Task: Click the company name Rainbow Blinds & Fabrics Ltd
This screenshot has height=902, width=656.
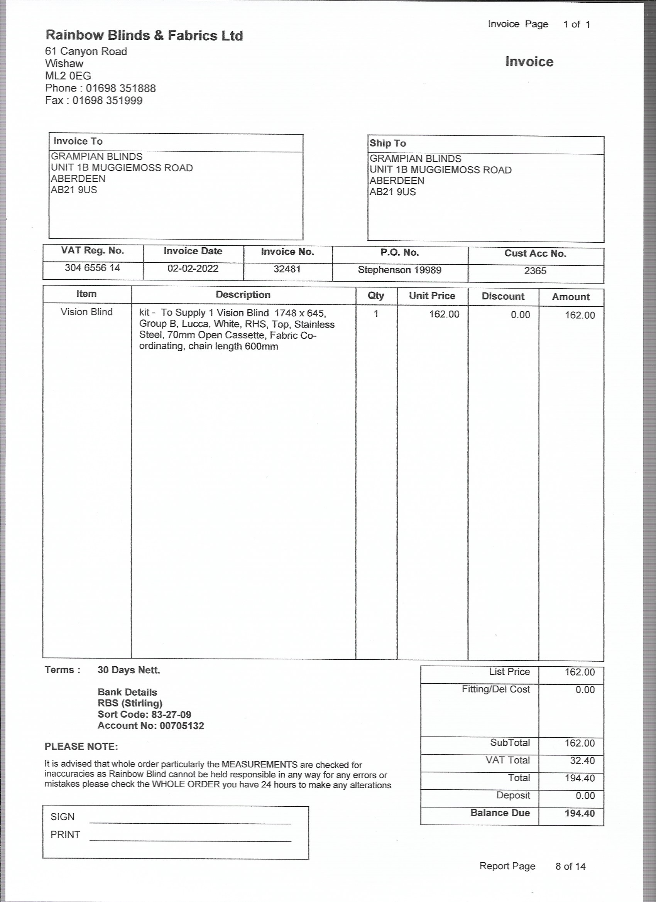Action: click(144, 36)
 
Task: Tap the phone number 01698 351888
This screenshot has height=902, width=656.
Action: click(120, 88)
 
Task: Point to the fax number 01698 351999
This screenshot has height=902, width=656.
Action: click(107, 100)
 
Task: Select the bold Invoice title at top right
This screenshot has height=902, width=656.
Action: click(529, 62)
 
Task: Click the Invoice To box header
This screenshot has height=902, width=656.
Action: click(78, 142)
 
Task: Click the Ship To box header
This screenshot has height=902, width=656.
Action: click(387, 144)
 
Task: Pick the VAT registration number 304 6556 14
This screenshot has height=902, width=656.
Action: click(92, 268)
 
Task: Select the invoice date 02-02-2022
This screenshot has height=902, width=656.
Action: click(193, 269)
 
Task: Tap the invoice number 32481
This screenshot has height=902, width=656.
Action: click(287, 269)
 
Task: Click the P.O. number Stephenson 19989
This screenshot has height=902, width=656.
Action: click(399, 270)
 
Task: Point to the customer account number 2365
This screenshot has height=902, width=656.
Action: click(535, 271)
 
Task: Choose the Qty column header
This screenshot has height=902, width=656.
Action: click(376, 296)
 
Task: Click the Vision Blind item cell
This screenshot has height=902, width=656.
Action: click(86, 312)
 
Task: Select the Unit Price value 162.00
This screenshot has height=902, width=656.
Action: click(444, 314)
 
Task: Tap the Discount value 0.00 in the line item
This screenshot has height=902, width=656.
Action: click(520, 315)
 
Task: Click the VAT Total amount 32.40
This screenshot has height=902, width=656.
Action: click(582, 761)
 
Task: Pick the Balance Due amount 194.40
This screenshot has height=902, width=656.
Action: click(580, 813)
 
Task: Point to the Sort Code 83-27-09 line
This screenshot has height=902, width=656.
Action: click(144, 714)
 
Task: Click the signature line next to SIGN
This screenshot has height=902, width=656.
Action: click(190, 820)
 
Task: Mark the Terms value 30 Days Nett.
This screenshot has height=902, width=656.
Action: click(129, 670)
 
